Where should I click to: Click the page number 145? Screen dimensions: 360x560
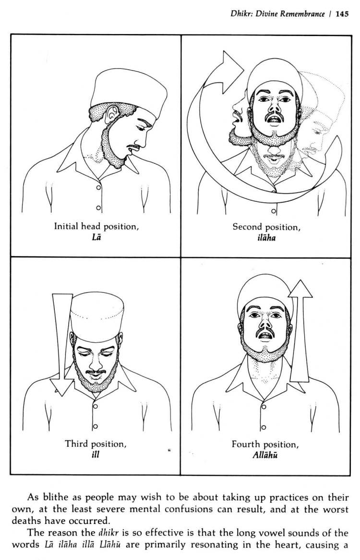(x=341, y=14)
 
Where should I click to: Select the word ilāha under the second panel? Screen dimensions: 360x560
(x=266, y=238)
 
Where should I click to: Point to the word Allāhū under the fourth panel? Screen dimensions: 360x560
(x=265, y=455)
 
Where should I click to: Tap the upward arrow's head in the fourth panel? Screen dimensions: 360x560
(x=300, y=289)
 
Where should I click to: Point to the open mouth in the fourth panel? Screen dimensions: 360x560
(x=265, y=335)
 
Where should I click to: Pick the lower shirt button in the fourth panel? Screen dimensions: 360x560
(x=264, y=427)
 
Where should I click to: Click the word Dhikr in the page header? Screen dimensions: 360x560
(x=237, y=14)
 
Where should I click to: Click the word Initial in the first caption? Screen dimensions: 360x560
(x=66, y=226)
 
